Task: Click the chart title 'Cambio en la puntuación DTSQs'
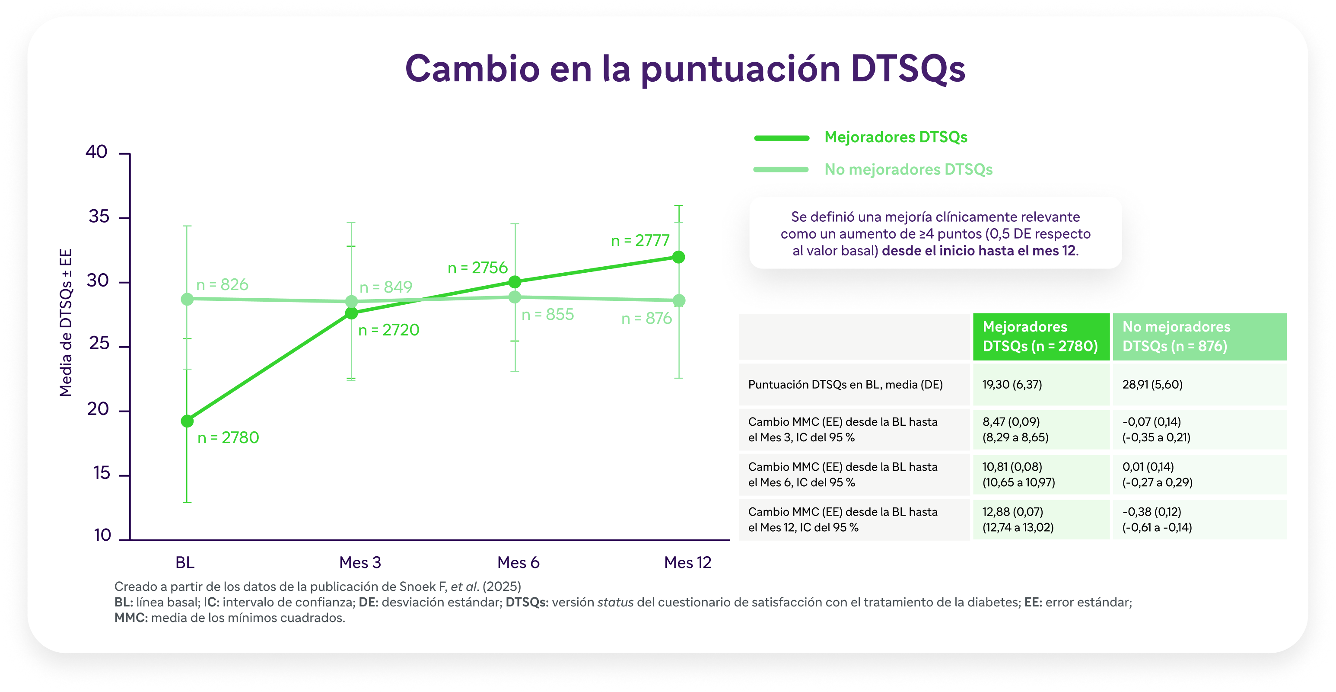tap(684, 69)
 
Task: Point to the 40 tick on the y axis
tap(124, 153)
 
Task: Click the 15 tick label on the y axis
tap(102, 473)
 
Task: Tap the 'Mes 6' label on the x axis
tap(518, 562)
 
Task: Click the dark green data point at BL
tap(187, 421)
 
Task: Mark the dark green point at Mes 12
tap(678, 257)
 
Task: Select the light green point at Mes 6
tap(515, 297)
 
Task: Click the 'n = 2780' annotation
tap(228, 438)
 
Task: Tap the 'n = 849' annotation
tap(386, 287)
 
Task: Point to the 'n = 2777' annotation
tap(640, 241)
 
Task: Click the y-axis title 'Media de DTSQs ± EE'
tap(66, 322)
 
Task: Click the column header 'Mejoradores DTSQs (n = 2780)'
tap(1040, 336)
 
